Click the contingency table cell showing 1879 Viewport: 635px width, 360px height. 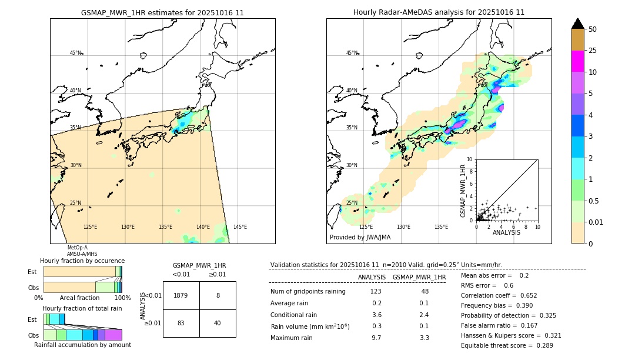pos(181,295)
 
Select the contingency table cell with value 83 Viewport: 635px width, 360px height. pos(181,323)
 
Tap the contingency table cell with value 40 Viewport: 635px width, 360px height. pos(218,323)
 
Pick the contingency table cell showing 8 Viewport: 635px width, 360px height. pos(218,295)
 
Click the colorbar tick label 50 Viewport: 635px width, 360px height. pos(593,29)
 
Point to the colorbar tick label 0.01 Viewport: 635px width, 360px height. pos(596,222)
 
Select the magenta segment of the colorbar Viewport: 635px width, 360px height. pos(578,61)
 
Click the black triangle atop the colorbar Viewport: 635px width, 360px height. pos(578,24)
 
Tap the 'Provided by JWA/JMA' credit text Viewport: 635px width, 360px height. pos(360,238)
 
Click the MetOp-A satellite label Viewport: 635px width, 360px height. pos(77,248)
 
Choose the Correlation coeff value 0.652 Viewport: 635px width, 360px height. pos(525,295)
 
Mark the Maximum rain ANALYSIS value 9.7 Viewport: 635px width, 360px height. pos(376,338)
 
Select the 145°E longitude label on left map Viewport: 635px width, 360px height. pos(240,227)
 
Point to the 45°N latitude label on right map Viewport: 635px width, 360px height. pos(352,53)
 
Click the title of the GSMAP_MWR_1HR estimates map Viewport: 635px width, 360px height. pos(162,12)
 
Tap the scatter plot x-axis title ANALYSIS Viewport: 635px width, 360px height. pos(506,232)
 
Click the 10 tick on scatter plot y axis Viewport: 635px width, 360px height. pos(469,159)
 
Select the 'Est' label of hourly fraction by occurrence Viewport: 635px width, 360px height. pos(32,272)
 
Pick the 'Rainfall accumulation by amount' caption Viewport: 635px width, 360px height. pos(82,345)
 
